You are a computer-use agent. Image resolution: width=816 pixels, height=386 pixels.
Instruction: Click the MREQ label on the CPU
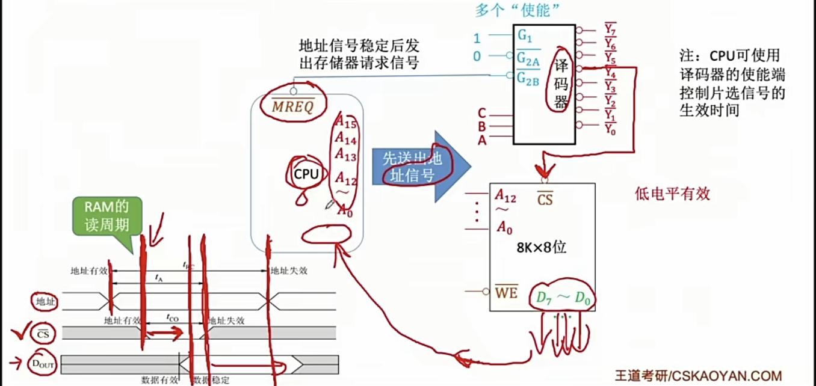(x=293, y=106)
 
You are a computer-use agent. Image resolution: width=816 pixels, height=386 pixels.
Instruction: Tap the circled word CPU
(x=306, y=173)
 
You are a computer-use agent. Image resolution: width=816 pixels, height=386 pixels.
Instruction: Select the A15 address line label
(x=346, y=122)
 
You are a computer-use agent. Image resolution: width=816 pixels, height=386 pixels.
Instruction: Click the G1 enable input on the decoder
(x=525, y=37)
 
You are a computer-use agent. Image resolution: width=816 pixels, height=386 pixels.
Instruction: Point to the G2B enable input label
(x=528, y=78)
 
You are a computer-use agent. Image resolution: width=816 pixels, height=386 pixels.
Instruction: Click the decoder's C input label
(x=481, y=112)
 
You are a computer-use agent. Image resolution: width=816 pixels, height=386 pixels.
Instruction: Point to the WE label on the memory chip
(x=506, y=293)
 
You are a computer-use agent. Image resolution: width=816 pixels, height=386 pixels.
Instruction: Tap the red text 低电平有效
(x=673, y=194)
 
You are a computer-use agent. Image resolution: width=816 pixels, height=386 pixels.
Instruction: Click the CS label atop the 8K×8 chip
(x=545, y=198)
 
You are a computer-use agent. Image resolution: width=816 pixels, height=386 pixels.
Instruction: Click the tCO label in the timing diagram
(x=173, y=317)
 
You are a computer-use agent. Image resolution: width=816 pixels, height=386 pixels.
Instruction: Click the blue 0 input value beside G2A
(x=477, y=57)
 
